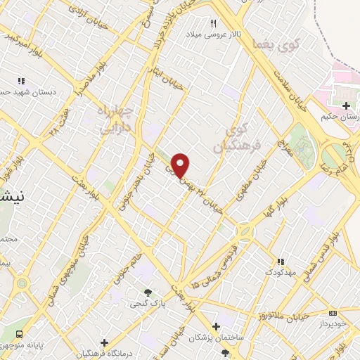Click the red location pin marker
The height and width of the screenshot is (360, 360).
point(181,165)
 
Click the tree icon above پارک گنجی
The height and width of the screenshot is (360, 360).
point(147,292)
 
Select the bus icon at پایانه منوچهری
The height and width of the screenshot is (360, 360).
point(19,333)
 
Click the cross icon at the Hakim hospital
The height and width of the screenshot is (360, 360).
point(345,107)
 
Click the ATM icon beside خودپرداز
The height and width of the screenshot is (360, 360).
point(333,313)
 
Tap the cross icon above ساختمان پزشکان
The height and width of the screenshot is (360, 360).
point(216,326)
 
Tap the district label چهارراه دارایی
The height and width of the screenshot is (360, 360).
point(113,120)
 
